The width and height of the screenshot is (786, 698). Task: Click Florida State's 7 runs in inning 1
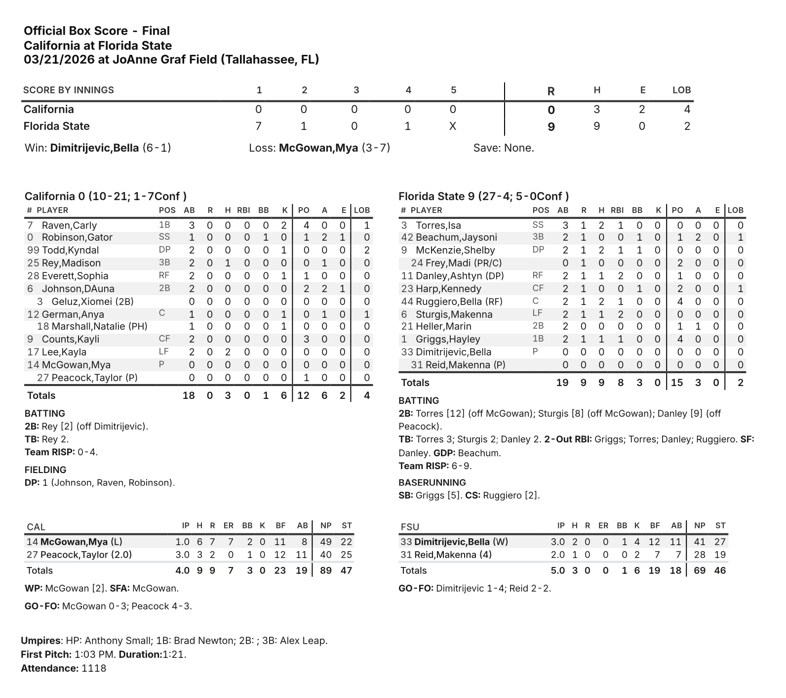(258, 126)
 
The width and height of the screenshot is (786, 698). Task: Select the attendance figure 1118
(94, 668)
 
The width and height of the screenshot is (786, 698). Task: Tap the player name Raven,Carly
(69, 225)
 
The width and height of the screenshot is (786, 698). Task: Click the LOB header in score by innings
(681, 90)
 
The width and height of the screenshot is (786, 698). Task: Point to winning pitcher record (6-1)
(157, 148)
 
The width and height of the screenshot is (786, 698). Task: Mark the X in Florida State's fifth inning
(452, 126)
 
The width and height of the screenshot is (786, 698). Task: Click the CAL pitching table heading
(36, 527)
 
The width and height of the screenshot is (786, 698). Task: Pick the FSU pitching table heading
(410, 527)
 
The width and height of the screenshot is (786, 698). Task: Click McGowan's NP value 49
(326, 542)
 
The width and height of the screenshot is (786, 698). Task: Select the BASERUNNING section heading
(432, 482)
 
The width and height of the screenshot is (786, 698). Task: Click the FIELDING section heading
(45, 470)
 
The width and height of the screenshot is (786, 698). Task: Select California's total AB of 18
(189, 395)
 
